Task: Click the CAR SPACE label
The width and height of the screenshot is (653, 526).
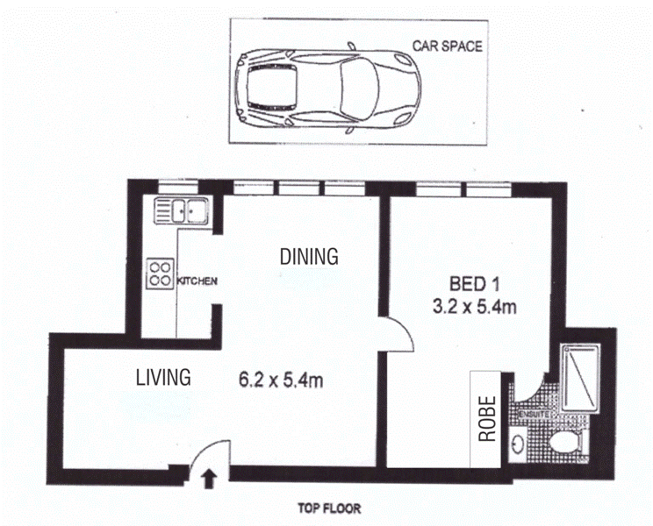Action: click(448, 46)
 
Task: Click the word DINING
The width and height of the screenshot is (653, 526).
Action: click(309, 257)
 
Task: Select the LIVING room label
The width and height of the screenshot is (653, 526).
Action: click(163, 378)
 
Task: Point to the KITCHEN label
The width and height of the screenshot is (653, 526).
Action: click(197, 281)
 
